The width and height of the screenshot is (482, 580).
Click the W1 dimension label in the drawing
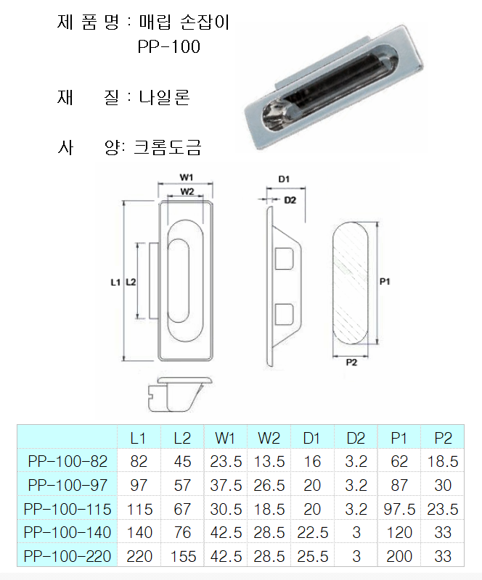(x=187, y=178)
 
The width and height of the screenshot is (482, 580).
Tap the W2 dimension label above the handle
(x=187, y=191)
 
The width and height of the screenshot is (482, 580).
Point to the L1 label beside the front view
(x=115, y=282)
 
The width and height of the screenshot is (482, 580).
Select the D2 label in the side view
(x=290, y=200)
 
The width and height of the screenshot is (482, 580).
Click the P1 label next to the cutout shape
(x=385, y=282)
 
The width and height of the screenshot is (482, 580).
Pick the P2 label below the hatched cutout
(x=351, y=362)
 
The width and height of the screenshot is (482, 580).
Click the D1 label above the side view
(x=284, y=179)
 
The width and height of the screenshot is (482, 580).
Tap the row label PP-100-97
(x=68, y=485)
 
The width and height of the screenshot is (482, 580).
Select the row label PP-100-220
(x=68, y=556)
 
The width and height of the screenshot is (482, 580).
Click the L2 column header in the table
(x=182, y=439)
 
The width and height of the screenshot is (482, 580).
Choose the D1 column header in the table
(x=311, y=439)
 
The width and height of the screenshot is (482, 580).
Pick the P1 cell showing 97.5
(x=399, y=510)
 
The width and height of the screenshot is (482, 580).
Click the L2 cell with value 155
(x=183, y=556)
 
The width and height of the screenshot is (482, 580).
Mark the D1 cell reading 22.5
(x=312, y=533)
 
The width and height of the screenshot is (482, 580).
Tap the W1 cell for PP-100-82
(x=226, y=462)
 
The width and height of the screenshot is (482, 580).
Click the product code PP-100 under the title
(x=169, y=46)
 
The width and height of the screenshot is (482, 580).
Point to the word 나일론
(x=165, y=97)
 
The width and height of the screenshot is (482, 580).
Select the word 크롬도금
(x=168, y=147)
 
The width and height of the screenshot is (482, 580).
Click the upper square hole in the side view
(x=284, y=259)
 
